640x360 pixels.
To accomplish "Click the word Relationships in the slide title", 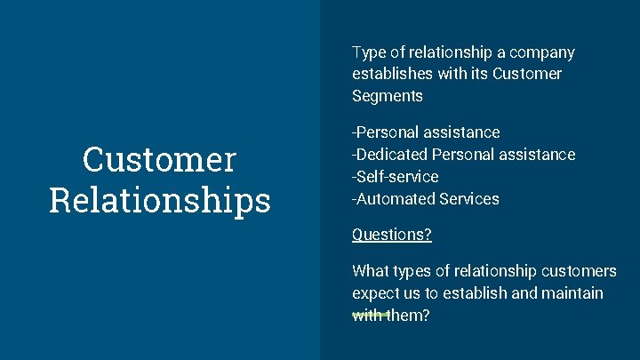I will point(160,200).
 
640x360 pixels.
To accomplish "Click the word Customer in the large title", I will point(160,161).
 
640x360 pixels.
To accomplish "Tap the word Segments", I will point(387,96).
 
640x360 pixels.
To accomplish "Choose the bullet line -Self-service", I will point(395,177).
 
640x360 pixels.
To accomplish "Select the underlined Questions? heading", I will point(392,236).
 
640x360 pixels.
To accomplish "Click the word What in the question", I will point(370,271).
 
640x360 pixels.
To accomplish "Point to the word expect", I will point(377,293).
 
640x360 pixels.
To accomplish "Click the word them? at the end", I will point(407,316).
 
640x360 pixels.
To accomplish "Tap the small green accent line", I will point(371,314).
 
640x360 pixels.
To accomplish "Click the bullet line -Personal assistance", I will point(426,132).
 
